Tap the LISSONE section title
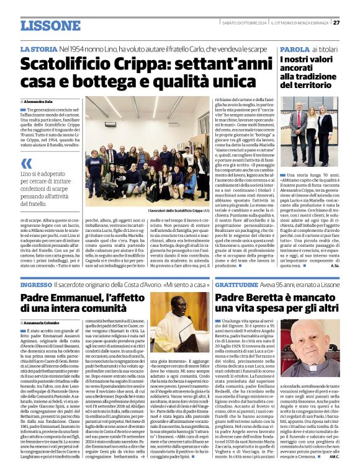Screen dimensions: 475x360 click(x=50, y=25)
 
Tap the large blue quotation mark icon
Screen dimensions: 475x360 click(x=25, y=164)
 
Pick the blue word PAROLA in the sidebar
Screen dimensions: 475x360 click(x=294, y=48)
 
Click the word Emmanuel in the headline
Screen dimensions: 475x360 click(x=89, y=298)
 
